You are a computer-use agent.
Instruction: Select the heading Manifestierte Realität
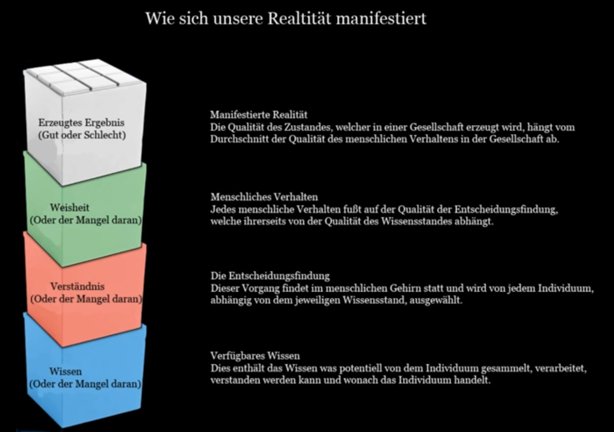click(259, 115)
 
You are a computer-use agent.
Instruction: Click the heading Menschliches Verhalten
click(264, 197)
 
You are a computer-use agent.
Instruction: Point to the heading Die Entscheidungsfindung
click(270, 276)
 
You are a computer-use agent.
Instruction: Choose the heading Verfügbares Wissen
click(255, 356)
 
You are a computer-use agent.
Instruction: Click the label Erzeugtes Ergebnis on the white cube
click(81, 123)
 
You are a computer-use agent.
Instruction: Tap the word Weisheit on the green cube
click(69, 208)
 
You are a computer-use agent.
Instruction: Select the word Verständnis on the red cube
click(77, 287)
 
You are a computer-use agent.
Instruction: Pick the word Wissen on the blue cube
click(65, 371)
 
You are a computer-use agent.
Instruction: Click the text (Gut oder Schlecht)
click(82, 135)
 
